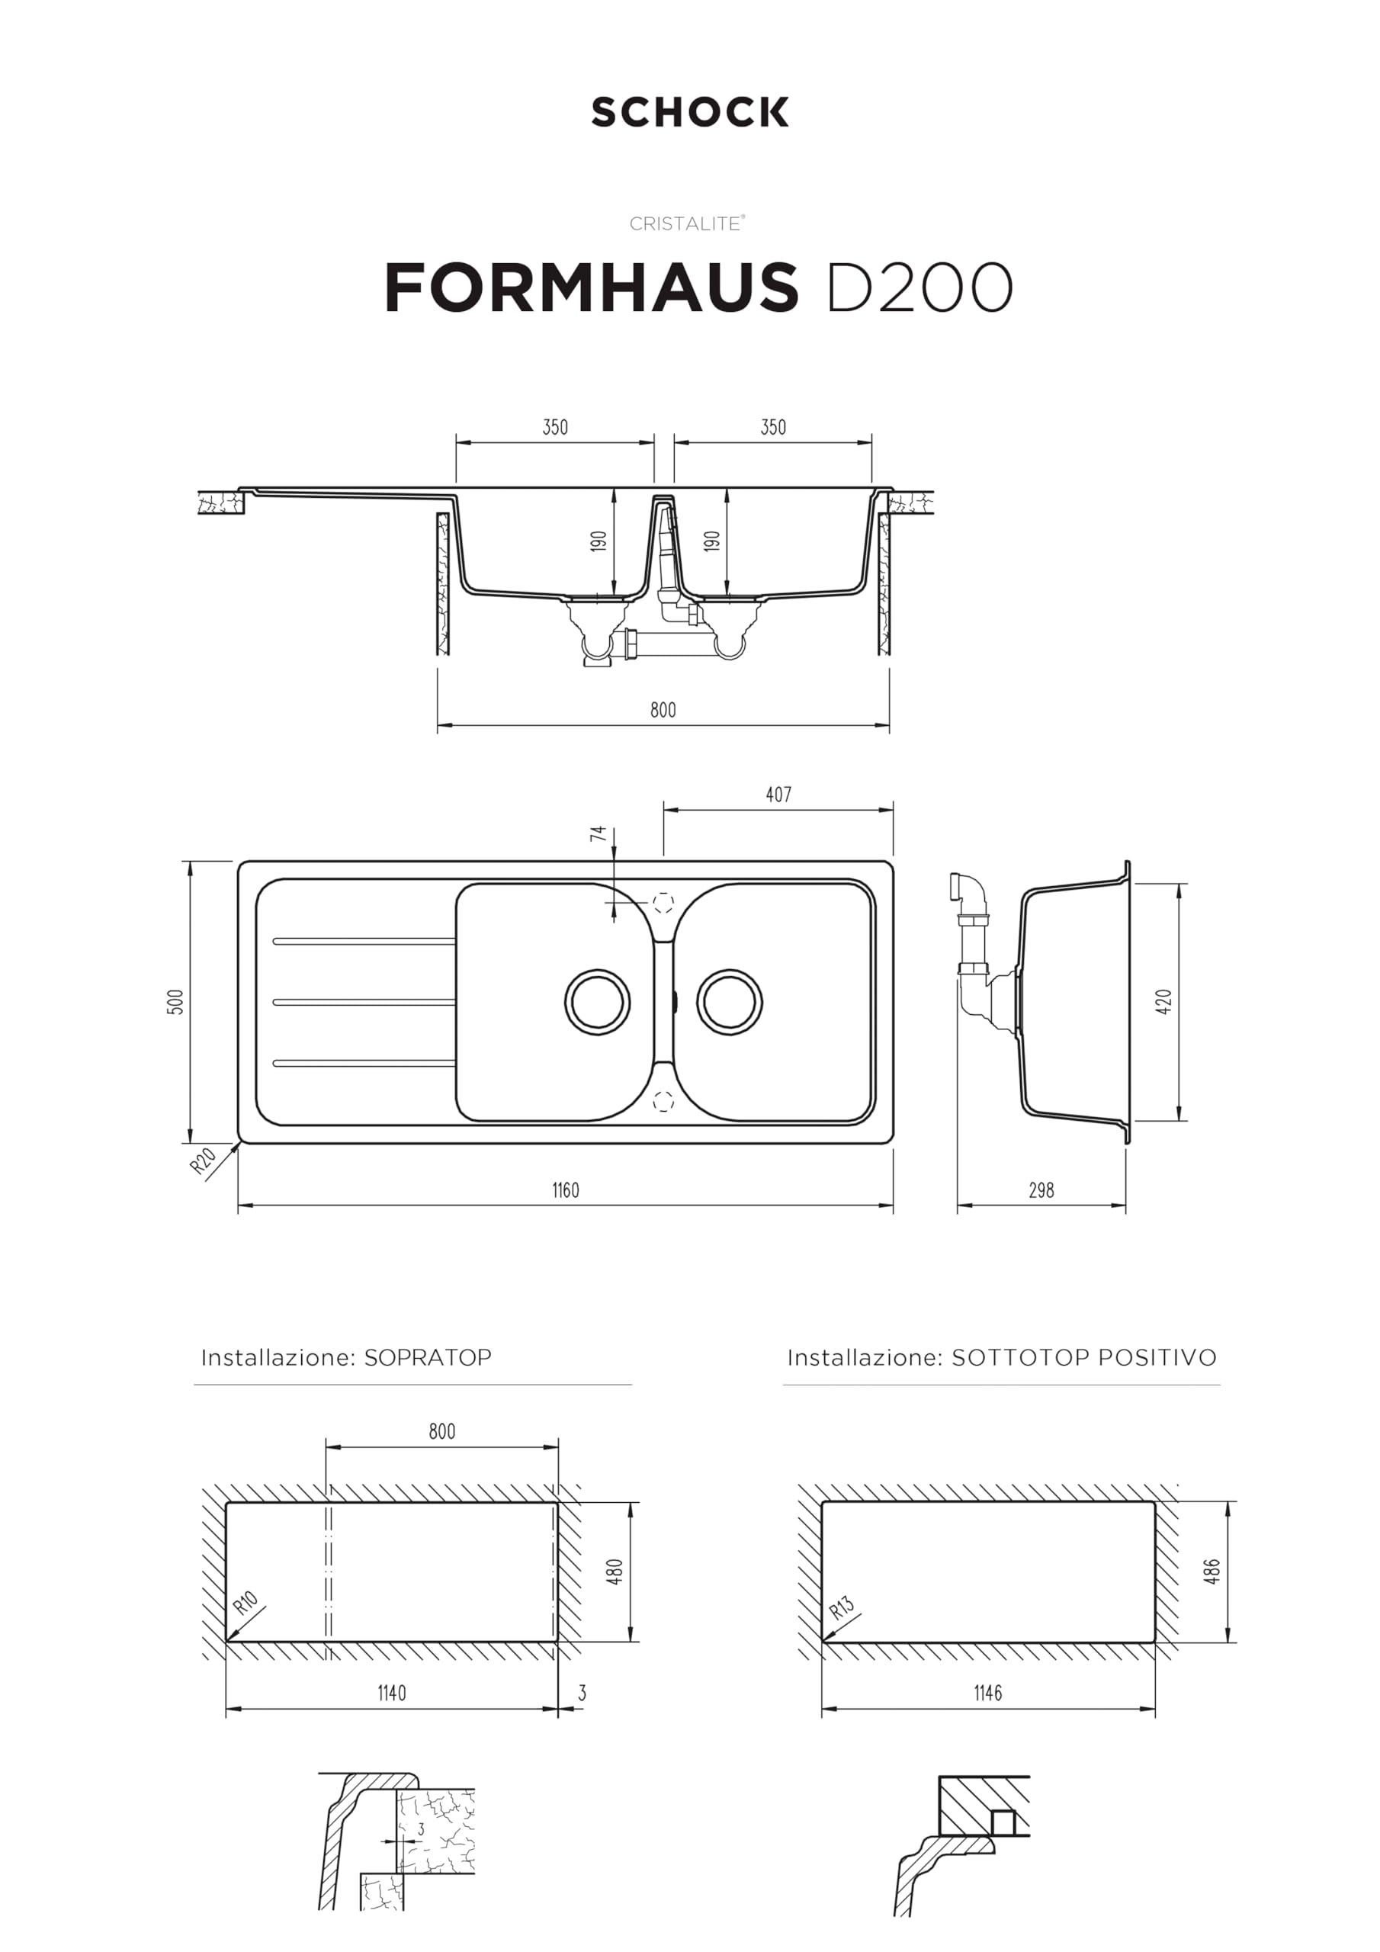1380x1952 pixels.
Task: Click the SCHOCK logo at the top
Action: pos(689,112)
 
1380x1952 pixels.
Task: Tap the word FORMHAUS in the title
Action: pos(592,287)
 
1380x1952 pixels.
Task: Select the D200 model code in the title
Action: pos(919,287)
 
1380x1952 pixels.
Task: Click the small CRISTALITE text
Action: pos(687,223)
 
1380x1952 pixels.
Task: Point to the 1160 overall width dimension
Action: pos(566,1190)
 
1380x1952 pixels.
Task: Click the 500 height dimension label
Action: pos(175,1001)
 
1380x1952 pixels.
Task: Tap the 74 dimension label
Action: pos(599,833)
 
